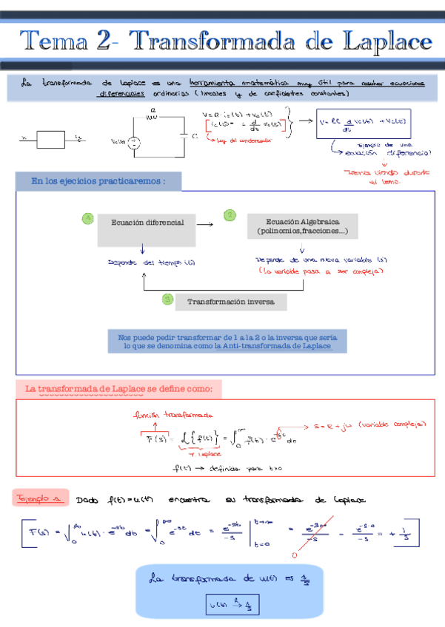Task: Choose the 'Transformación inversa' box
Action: tap(230, 302)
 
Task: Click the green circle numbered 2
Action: tap(230, 214)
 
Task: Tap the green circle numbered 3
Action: tap(168, 299)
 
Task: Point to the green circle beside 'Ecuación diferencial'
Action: tap(88, 218)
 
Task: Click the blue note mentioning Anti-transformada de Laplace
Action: tap(227, 341)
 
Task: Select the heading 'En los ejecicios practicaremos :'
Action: tap(97, 181)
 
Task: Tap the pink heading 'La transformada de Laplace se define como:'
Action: tap(118, 389)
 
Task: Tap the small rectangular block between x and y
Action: tap(51, 139)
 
